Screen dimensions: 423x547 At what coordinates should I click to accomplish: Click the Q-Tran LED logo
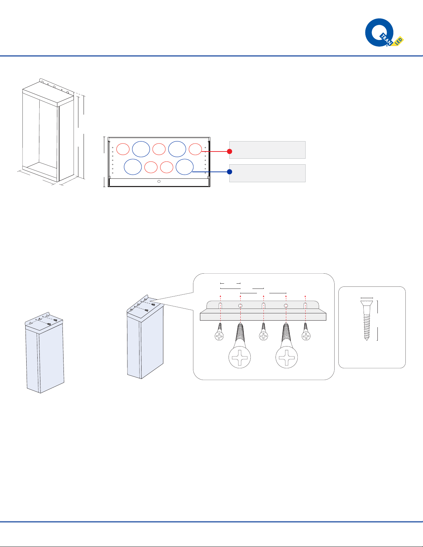pyautogui.click(x=384, y=33)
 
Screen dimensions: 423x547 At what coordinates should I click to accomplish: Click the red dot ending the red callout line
pyautogui.click(x=229, y=151)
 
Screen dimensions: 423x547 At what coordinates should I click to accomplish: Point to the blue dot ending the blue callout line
pyautogui.click(x=229, y=172)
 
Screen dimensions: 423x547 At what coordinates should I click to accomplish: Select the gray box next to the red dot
pyautogui.click(x=267, y=150)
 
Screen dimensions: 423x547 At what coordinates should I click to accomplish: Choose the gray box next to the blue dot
pyautogui.click(x=267, y=173)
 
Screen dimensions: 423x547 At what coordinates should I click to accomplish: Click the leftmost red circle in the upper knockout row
pyautogui.click(x=123, y=149)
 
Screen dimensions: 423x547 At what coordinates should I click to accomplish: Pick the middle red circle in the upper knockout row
pyautogui.click(x=159, y=149)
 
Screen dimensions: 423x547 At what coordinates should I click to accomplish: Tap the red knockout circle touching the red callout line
pyautogui.click(x=195, y=149)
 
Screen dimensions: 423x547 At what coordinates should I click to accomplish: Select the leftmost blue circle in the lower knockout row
pyautogui.click(x=133, y=167)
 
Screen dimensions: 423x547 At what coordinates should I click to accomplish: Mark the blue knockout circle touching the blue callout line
pyautogui.click(x=184, y=167)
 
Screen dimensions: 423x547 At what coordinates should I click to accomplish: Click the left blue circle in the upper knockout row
pyautogui.click(x=141, y=149)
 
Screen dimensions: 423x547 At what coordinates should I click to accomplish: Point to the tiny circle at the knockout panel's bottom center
pyautogui.click(x=159, y=181)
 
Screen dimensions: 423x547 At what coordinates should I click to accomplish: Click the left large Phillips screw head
pyautogui.click(x=239, y=357)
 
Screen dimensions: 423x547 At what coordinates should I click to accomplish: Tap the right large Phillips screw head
pyautogui.click(x=287, y=357)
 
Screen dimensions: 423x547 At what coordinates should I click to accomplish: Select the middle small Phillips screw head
pyautogui.click(x=263, y=336)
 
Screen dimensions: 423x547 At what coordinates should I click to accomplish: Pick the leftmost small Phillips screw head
pyautogui.click(x=219, y=336)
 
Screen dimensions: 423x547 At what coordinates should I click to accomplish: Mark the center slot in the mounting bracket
pyautogui.click(x=263, y=305)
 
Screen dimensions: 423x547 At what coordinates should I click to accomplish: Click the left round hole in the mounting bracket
pyautogui.click(x=240, y=306)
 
